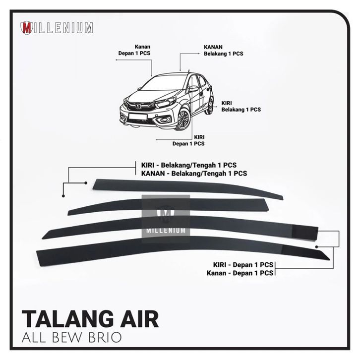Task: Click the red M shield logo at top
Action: (26, 27)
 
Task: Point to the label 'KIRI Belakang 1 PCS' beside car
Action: (240, 106)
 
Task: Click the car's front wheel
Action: (183, 120)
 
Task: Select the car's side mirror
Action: (193, 89)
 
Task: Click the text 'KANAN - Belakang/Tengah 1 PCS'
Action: (191, 174)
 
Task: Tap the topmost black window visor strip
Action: (188, 187)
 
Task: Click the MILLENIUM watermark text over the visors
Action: (166, 230)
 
